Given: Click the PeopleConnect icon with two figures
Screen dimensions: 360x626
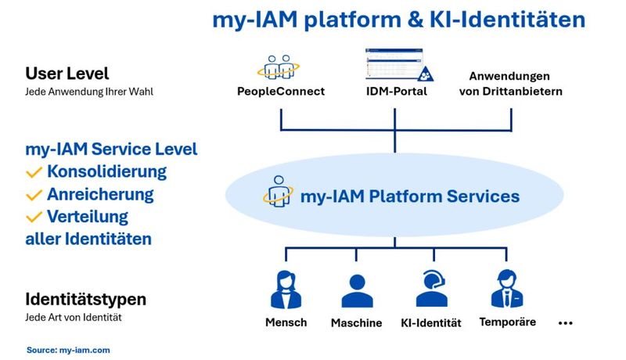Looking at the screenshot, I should (280, 67).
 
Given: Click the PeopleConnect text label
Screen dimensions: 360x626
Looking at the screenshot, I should (280, 92).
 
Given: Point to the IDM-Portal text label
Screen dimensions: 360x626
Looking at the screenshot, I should (394, 92).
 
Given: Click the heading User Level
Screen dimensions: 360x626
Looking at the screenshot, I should (67, 74).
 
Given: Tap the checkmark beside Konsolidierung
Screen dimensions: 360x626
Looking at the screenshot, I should (34, 171).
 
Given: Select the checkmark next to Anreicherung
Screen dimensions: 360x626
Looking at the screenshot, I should (34, 194).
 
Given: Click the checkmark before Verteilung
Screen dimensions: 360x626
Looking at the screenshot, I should (34, 217).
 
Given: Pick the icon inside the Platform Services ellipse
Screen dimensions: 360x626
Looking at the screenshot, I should (276, 195).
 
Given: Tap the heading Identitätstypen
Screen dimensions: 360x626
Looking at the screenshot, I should (86, 299).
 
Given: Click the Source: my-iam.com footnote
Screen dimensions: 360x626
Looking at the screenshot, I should (68, 350).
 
